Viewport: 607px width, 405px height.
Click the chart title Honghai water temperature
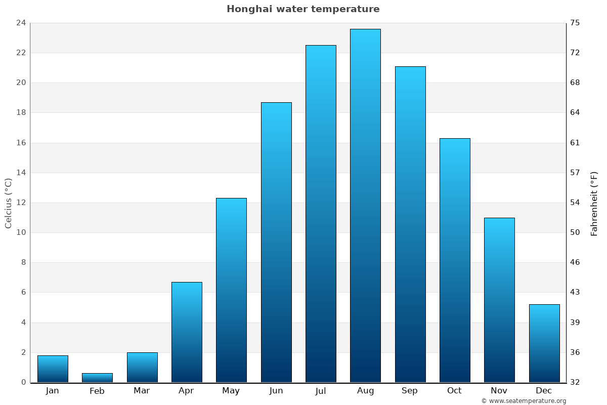tap(303, 9)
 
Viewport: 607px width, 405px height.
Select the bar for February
tap(97, 378)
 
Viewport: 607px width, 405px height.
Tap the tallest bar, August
tap(365, 206)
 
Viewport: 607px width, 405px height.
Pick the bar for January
tap(53, 369)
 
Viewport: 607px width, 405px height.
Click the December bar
tap(544, 343)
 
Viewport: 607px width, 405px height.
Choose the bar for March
tap(142, 368)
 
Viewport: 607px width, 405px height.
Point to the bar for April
tap(187, 332)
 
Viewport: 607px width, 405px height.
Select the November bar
tap(499, 300)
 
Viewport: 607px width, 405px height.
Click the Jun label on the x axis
tap(276, 391)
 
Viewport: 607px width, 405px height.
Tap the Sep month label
tap(410, 391)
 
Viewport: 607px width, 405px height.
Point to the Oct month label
tap(454, 391)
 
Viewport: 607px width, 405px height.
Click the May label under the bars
tap(231, 391)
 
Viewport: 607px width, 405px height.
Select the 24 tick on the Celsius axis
tap(21, 23)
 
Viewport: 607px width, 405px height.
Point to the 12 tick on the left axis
tap(21, 202)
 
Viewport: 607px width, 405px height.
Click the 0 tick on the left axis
tap(23, 382)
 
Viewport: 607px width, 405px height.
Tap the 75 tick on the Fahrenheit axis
tap(575, 23)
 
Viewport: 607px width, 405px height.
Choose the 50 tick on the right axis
tap(575, 232)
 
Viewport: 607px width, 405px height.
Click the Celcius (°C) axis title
tap(8, 203)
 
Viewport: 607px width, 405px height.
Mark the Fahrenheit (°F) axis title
tap(594, 203)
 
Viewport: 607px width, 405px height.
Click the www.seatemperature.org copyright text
tap(524, 401)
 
